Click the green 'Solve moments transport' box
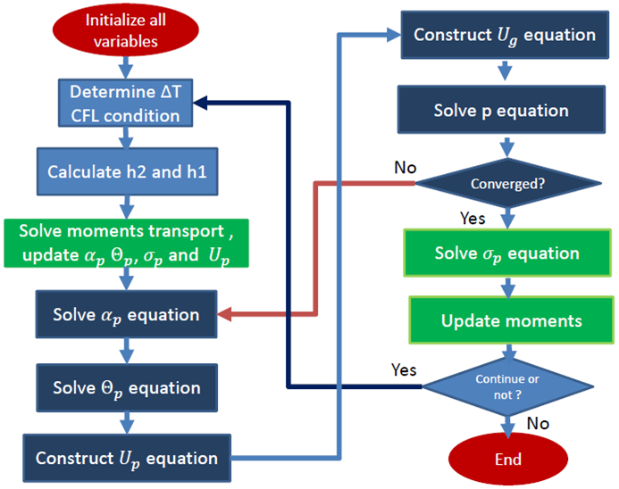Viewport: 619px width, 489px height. (130, 242)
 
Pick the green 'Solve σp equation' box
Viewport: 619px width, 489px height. (506, 253)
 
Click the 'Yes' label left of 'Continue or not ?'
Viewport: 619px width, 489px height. (405, 369)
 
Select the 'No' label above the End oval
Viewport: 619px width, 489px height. (538, 423)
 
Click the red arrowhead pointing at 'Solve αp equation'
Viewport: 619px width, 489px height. (225, 315)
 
